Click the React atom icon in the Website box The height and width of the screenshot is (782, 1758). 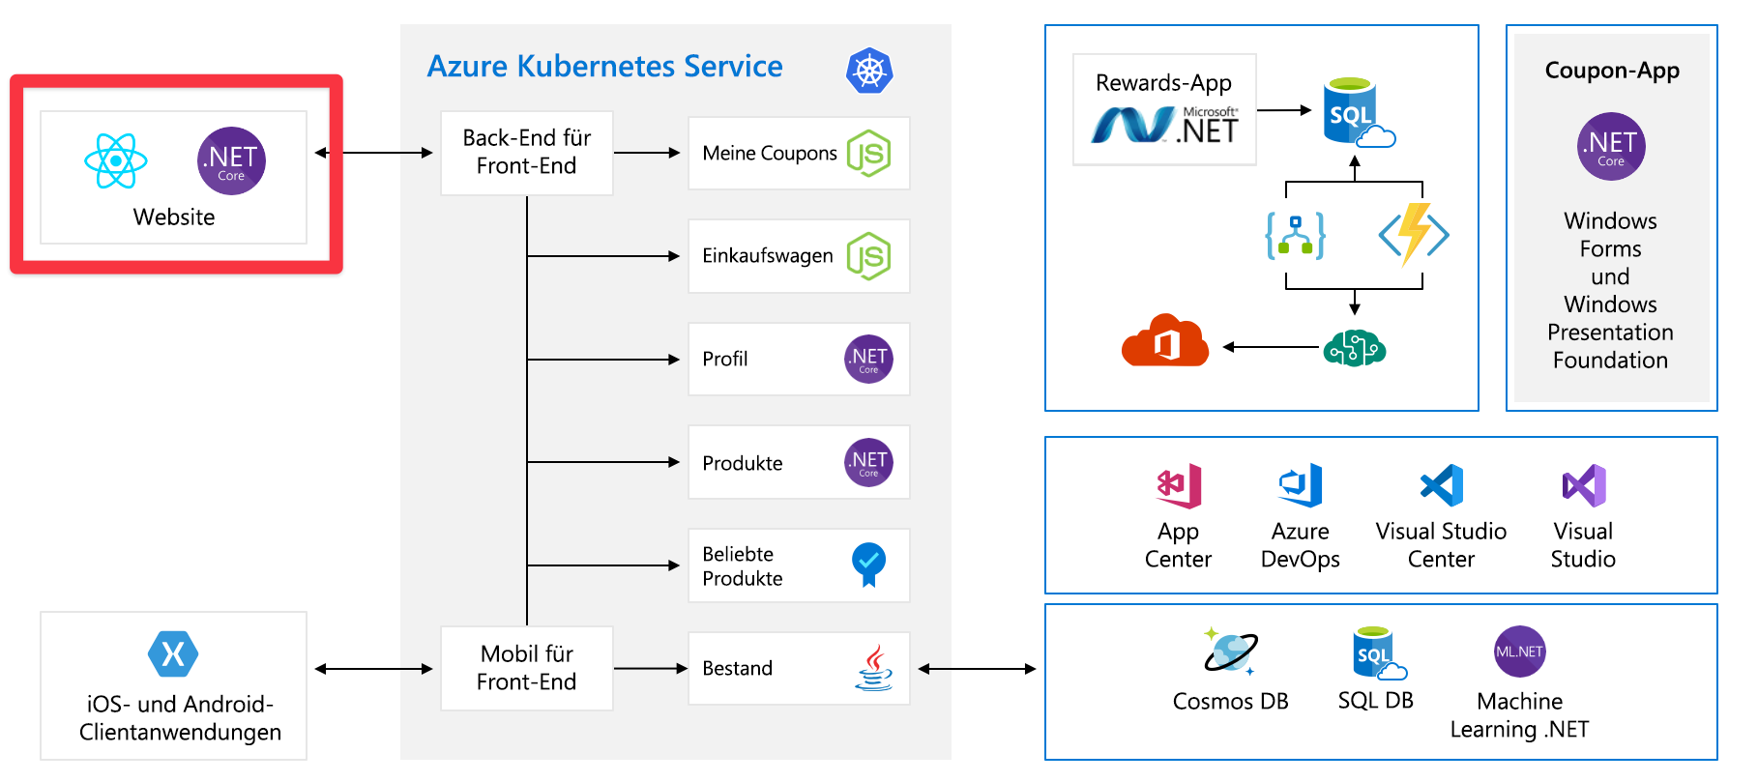(116, 160)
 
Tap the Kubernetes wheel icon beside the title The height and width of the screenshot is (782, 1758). (869, 71)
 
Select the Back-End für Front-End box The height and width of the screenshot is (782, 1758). (526, 153)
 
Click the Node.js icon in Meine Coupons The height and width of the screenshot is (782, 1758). (868, 153)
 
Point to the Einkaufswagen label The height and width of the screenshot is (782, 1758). (767, 256)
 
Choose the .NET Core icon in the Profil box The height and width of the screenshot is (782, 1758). (868, 360)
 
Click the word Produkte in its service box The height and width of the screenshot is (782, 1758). (742, 463)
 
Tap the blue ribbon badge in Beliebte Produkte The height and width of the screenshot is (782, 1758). (868, 564)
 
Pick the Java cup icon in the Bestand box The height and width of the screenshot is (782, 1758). (873, 668)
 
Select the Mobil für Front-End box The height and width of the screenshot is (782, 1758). (526, 668)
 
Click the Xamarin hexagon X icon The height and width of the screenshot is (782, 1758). (173, 654)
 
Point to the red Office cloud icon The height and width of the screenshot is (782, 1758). (1165, 340)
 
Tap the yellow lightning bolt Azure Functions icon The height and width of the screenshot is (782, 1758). (1414, 234)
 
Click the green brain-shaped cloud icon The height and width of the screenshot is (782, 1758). (1354, 347)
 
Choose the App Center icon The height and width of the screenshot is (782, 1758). (1179, 485)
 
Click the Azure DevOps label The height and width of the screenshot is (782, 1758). (1300, 545)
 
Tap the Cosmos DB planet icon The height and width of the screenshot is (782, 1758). (1230, 651)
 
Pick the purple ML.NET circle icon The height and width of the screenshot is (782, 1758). (1519, 652)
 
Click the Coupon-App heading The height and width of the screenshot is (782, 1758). (1611, 71)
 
